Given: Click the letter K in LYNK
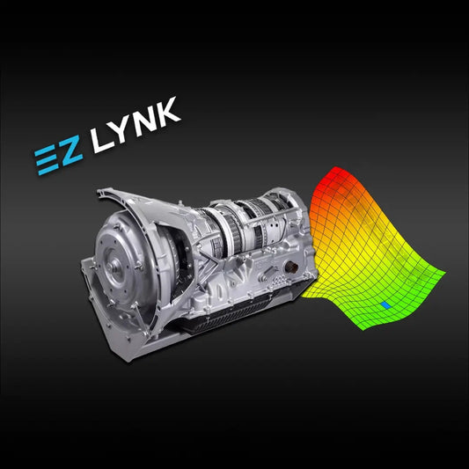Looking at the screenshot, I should point(167,109).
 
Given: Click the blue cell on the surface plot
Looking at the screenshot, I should point(387,304).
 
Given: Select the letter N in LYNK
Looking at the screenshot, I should point(143,119).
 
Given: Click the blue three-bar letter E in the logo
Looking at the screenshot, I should point(47,158).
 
